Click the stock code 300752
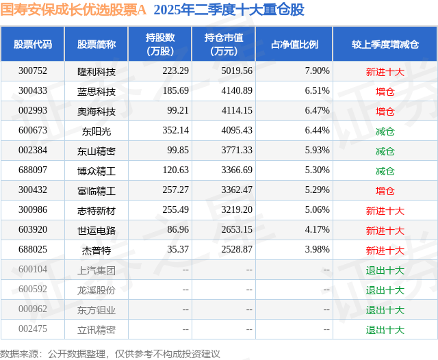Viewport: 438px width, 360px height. click(x=33, y=70)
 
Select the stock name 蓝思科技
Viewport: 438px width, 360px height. click(x=96, y=90)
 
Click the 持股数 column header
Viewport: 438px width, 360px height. click(x=160, y=44)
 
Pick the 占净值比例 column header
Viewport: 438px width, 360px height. click(x=294, y=44)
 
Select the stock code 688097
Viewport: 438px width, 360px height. click(x=33, y=170)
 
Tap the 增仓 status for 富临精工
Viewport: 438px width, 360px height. click(x=385, y=190)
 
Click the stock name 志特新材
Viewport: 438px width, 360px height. click(x=96, y=210)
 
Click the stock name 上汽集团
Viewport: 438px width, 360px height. click(x=96, y=270)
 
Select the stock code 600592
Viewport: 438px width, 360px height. click(x=33, y=290)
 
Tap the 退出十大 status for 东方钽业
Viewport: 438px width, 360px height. click(x=385, y=309)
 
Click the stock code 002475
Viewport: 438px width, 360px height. click(x=33, y=329)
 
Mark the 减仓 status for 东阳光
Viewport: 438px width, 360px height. click(x=385, y=130)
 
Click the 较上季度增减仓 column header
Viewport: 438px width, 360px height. click(x=385, y=44)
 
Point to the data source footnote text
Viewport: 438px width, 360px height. click(x=110, y=353)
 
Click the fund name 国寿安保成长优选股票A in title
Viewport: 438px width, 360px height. click(x=73, y=10)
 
